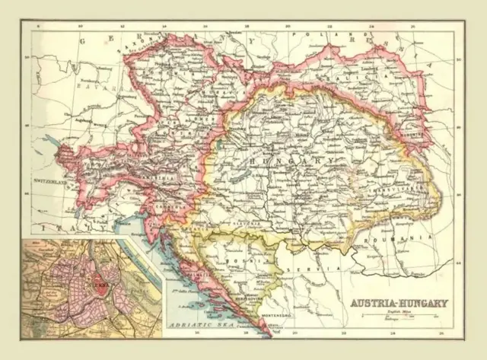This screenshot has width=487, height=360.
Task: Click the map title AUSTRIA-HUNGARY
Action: (399, 302)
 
